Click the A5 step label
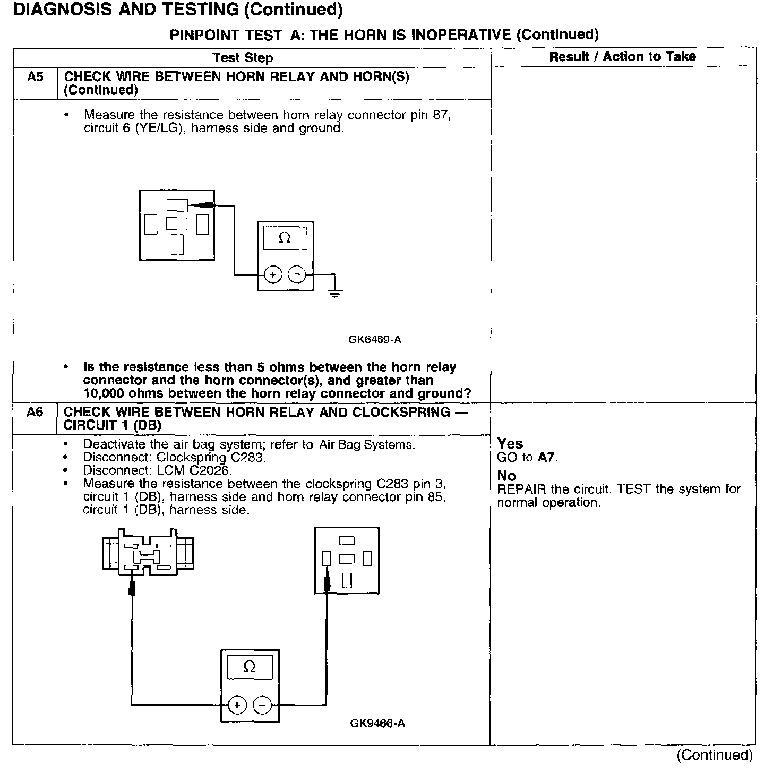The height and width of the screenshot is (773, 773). click(x=35, y=78)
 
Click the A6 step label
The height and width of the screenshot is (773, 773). click(x=35, y=413)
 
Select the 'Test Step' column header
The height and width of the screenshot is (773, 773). click(x=243, y=58)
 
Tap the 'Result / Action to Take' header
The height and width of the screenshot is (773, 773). click(x=622, y=57)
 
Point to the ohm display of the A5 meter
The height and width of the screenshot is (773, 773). click(x=285, y=238)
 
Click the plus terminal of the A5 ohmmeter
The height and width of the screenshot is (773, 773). click(x=273, y=275)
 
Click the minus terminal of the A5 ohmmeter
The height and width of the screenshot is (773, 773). click(x=297, y=275)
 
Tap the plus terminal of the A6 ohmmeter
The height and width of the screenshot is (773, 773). click(x=237, y=705)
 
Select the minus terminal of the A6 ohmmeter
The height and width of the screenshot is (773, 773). click(x=262, y=705)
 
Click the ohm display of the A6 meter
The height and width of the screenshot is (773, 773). click(x=250, y=667)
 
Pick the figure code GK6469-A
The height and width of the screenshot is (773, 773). click(x=375, y=340)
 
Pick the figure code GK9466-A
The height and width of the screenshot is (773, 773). click(x=377, y=723)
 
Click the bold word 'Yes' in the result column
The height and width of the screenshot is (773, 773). click(x=510, y=444)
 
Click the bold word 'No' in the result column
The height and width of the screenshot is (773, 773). click(x=506, y=476)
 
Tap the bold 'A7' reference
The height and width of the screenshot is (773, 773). click(x=546, y=458)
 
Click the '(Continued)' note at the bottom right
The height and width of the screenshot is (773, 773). click(x=715, y=755)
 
